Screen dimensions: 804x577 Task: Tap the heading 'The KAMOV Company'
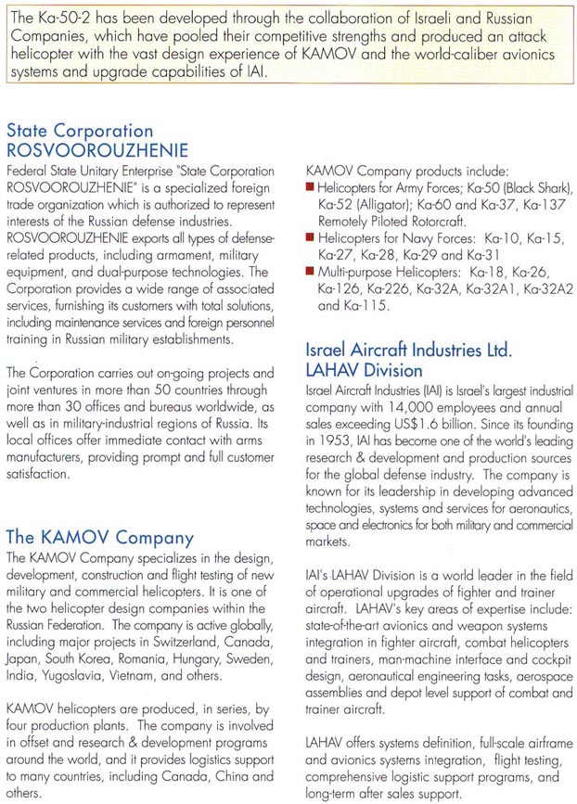[x=99, y=537]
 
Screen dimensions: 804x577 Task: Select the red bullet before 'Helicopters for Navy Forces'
[x=310, y=238]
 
